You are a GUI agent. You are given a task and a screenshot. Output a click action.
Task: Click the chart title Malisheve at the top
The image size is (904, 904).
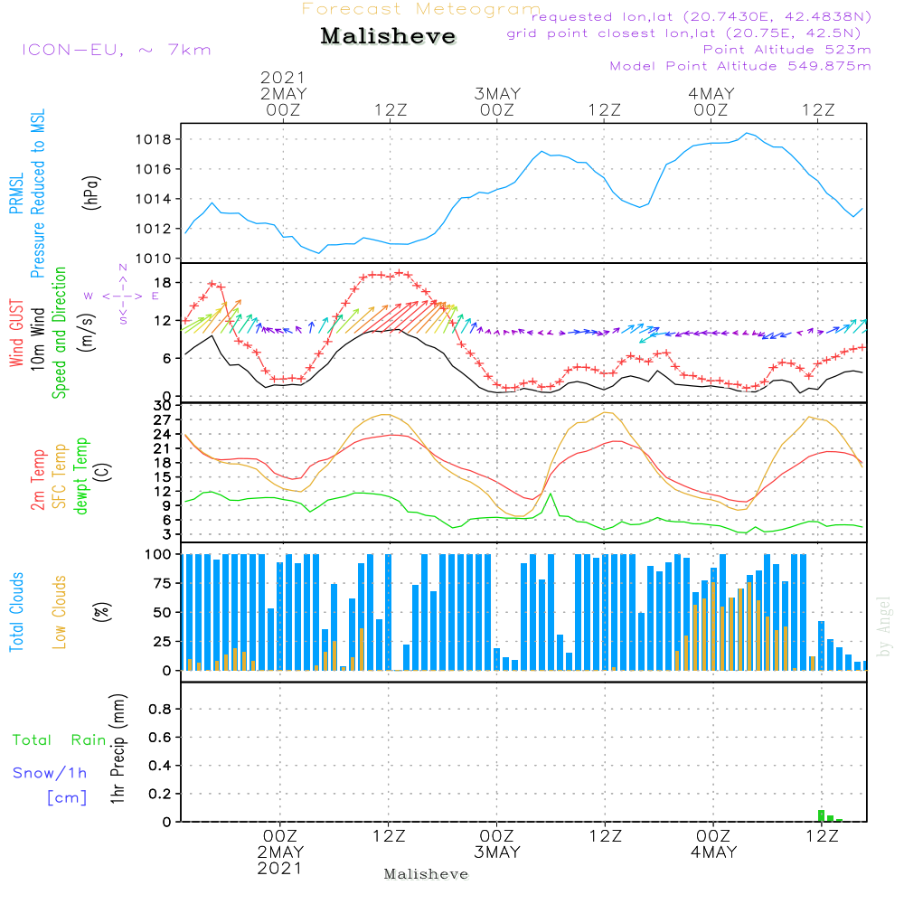[x=389, y=37]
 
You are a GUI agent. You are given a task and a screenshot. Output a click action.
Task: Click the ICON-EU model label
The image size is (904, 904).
[x=116, y=49]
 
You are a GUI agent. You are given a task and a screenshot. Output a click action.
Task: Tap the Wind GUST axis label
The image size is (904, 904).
[x=16, y=335]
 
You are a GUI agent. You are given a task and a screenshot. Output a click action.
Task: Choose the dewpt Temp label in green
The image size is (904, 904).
[x=81, y=477]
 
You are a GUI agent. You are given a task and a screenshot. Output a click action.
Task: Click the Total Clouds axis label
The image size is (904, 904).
[x=16, y=612]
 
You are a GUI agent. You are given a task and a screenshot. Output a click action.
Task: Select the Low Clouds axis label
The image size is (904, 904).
[x=60, y=612]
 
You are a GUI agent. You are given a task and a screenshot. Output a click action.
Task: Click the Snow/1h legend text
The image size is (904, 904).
[x=50, y=774]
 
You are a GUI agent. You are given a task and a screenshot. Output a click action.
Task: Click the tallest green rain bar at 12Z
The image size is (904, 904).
[x=821, y=815]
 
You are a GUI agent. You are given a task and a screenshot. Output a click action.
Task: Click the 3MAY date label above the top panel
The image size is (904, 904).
[x=497, y=93]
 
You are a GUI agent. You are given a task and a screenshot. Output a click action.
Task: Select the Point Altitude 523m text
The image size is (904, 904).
[x=786, y=49]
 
